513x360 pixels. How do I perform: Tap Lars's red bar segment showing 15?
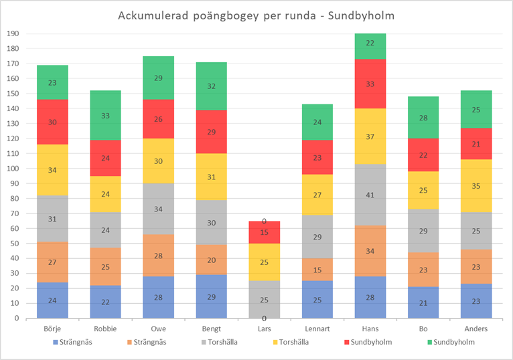point(264,232)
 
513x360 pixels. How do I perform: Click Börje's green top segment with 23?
point(52,83)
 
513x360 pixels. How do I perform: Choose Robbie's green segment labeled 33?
point(104,115)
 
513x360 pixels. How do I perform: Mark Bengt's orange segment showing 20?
point(212,260)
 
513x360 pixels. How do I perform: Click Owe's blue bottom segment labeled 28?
point(159,297)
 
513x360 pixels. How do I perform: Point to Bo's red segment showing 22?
point(424,155)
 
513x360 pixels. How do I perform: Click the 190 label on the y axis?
point(13,33)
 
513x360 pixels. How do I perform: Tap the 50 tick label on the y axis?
point(15,244)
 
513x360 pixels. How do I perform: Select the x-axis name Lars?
point(264,329)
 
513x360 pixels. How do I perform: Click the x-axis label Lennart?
point(317,329)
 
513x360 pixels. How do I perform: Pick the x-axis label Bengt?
point(212,329)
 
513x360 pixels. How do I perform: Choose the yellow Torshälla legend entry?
point(291,343)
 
